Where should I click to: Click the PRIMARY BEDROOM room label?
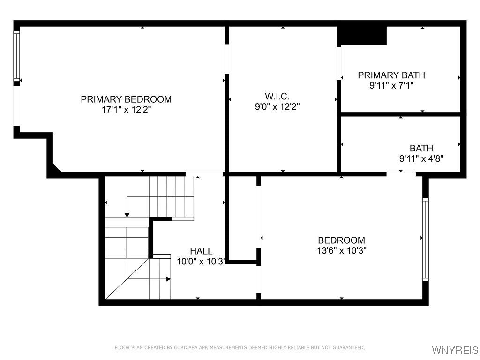tap(126, 99)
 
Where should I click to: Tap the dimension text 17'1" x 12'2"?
tap(126, 109)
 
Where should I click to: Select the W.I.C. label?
tap(277, 96)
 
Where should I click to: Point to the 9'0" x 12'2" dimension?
tap(277, 106)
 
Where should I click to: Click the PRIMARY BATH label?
tap(391, 75)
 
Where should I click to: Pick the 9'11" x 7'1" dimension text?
tap(391, 85)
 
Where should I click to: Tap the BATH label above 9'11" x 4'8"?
tap(421, 149)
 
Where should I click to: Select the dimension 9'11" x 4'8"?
tap(421, 158)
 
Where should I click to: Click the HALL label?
tap(201, 251)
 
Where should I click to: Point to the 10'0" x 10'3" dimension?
tap(201, 262)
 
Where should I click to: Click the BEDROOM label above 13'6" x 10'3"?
tap(341, 240)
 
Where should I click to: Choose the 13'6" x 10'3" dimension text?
tap(341, 250)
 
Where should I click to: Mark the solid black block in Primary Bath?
tap(362, 36)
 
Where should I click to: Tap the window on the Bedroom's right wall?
tap(425, 239)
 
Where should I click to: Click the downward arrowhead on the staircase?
tap(127, 215)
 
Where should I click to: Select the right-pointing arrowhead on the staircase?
tap(168, 279)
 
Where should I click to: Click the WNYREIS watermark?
tap(455, 350)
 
